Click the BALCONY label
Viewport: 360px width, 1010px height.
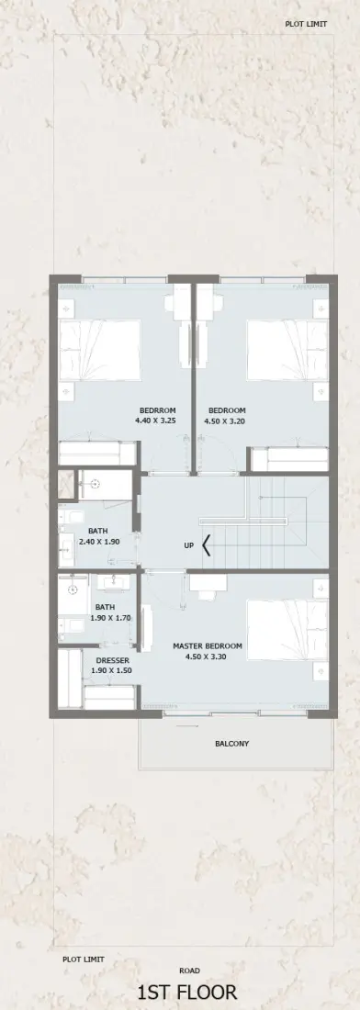[x=231, y=744]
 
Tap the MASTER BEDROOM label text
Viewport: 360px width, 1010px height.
[x=208, y=646]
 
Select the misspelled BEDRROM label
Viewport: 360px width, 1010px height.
[x=158, y=410]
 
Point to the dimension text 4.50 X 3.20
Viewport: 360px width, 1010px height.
[x=227, y=421]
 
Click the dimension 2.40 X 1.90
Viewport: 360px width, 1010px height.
[x=98, y=542]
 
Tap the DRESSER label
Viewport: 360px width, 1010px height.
[x=113, y=660]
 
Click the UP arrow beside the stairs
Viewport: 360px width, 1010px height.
[x=206, y=545]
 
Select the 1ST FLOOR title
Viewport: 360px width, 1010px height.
[x=186, y=993]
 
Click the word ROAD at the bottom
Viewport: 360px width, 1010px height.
[x=189, y=971]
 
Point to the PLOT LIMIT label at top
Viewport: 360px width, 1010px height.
[x=306, y=24]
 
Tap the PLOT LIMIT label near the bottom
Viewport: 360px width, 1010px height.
[x=83, y=959]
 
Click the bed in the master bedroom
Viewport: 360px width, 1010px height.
[x=287, y=630]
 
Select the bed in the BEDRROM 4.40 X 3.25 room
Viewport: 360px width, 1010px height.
[x=100, y=350]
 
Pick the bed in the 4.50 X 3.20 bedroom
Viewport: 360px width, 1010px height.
[x=287, y=350]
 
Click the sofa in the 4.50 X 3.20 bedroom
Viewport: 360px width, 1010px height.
[x=290, y=459]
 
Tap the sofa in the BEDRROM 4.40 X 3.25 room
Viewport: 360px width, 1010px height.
[x=98, y=453]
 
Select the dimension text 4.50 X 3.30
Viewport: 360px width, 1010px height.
[x=208, y=657]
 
